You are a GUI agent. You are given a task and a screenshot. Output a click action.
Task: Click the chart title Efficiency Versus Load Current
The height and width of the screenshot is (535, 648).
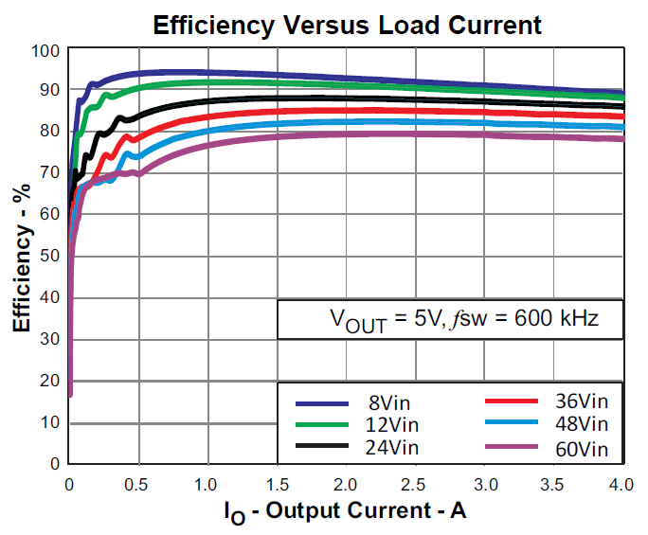click(347, 25)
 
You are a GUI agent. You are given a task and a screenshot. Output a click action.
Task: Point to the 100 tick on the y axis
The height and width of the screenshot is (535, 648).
click(45, 49)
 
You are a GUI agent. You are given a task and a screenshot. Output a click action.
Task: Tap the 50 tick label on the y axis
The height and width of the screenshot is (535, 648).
click(50, 256)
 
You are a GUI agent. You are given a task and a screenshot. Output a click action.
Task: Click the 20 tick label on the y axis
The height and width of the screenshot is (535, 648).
click(50, 381)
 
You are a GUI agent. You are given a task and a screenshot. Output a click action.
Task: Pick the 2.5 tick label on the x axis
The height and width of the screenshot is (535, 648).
click(414, 484)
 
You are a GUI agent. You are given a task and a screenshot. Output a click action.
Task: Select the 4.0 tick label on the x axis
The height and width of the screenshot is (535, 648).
click(621, 484)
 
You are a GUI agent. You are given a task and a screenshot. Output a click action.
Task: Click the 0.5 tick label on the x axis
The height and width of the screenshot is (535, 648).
click(138, 484)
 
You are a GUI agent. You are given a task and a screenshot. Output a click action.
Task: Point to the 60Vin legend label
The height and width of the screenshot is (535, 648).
click(579, 448)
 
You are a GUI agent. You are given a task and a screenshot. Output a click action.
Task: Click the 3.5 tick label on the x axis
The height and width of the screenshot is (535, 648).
click(552, 484)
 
